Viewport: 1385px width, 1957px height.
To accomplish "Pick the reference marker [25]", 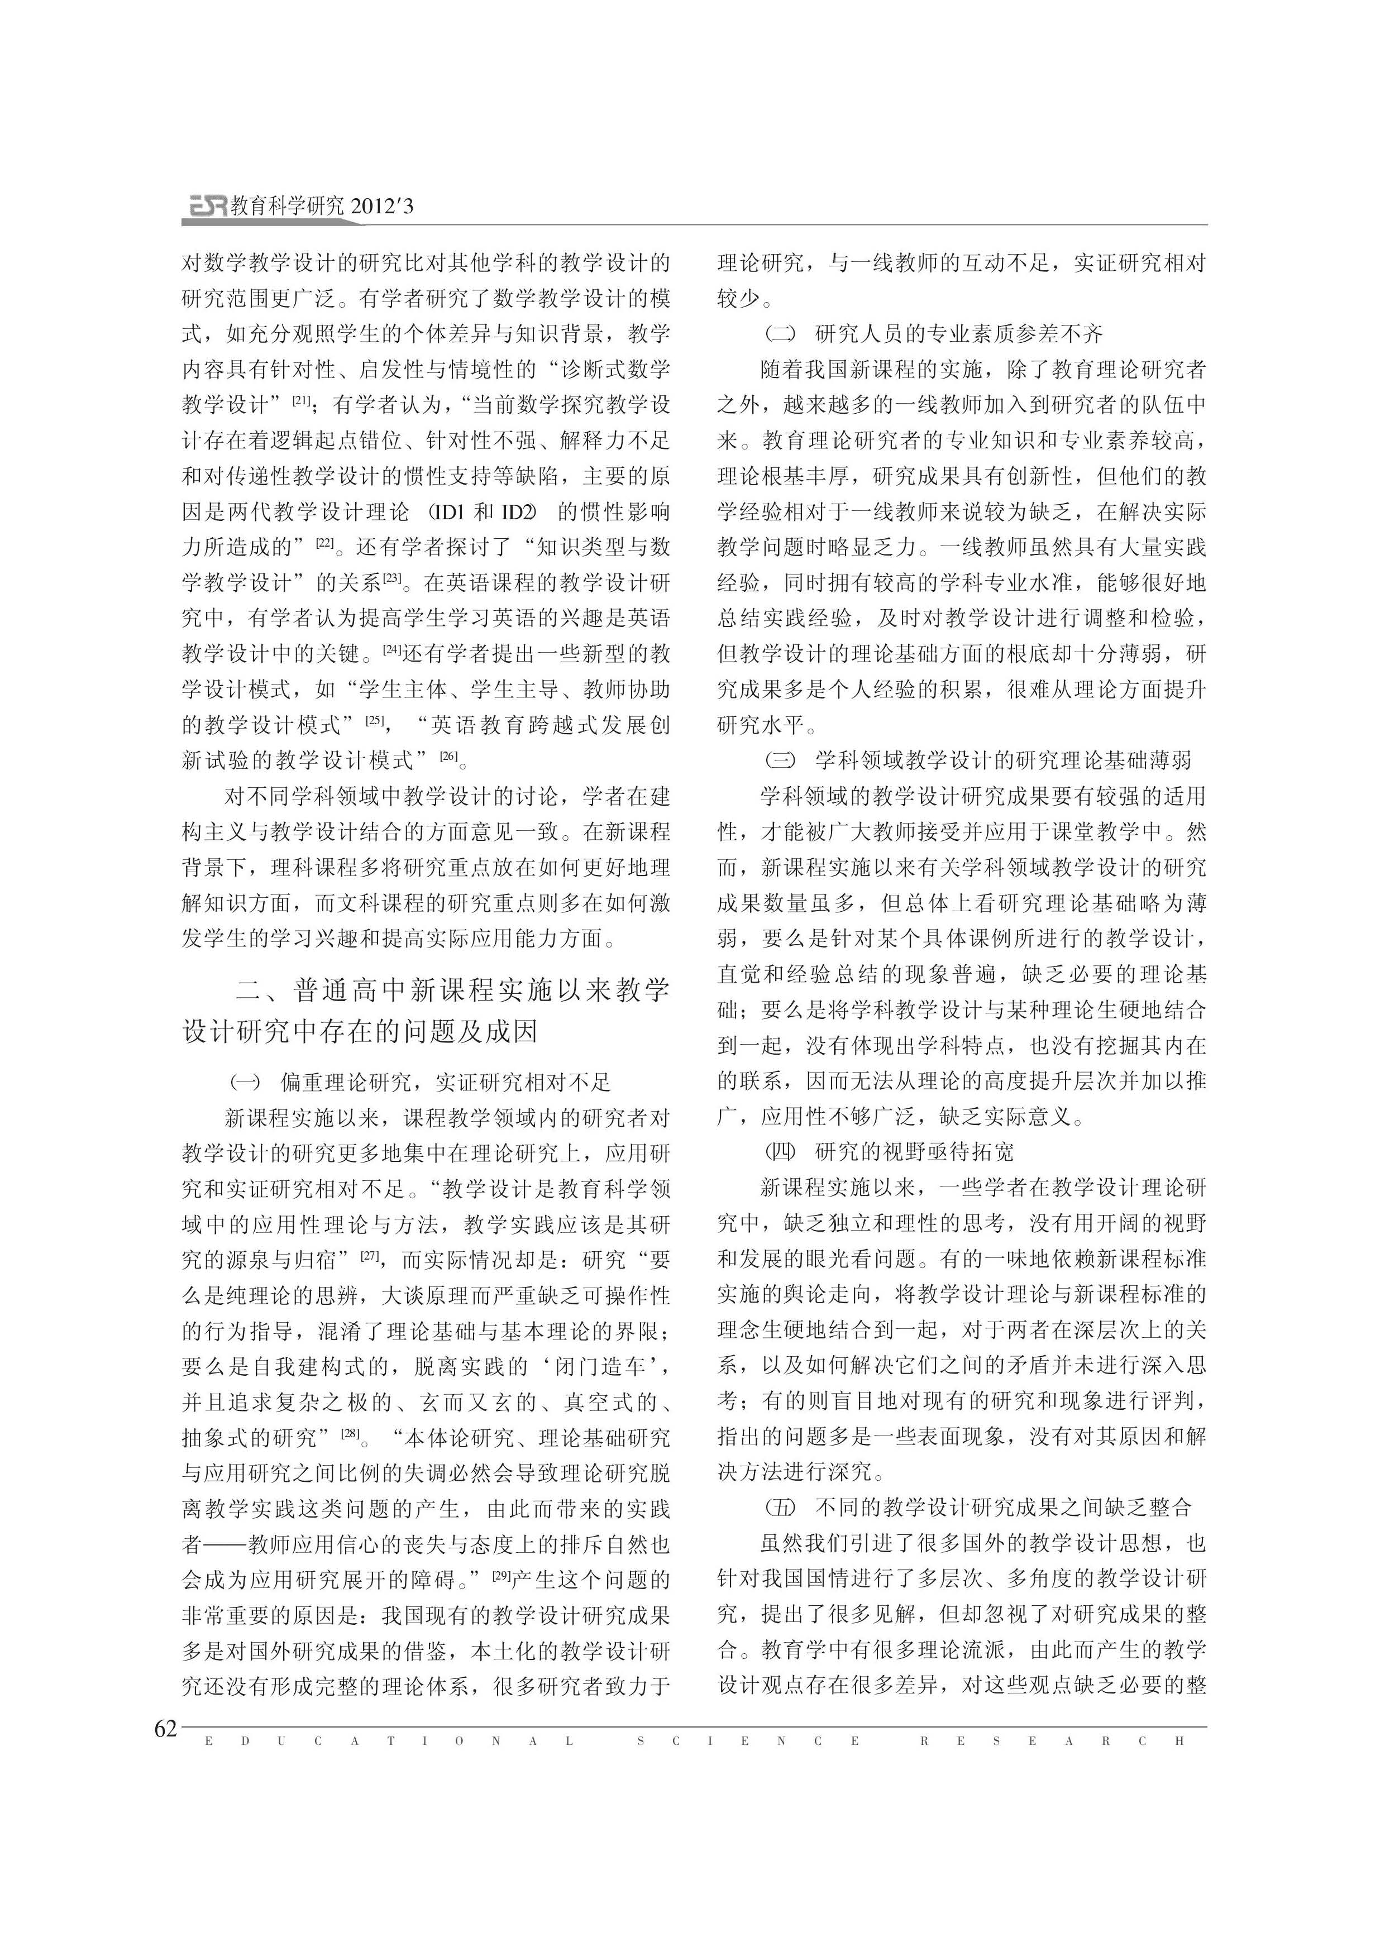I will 375,721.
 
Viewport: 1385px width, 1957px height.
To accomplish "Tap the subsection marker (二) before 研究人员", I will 780,333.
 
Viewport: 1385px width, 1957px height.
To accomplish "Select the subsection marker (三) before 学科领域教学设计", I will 780,760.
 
